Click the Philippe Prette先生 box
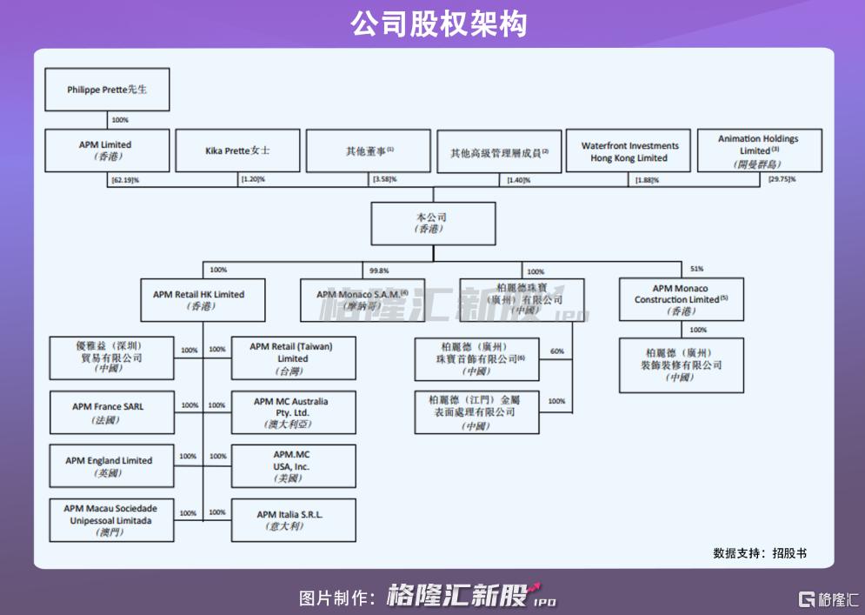point(107,90)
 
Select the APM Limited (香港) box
point(107,150)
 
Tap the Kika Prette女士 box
point(237,150)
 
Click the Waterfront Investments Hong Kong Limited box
point(629,151)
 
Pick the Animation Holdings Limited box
point(758,150)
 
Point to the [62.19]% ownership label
point(126,179)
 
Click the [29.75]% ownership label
point(781,179)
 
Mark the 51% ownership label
point(696,269)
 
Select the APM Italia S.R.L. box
point(293,520)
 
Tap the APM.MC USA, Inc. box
point(293,466)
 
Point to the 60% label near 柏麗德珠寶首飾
point(557,351)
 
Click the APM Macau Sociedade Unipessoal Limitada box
point(111,520)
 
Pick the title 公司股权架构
point(432,23)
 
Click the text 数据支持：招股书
point(759,552)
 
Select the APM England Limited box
point(111,466)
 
